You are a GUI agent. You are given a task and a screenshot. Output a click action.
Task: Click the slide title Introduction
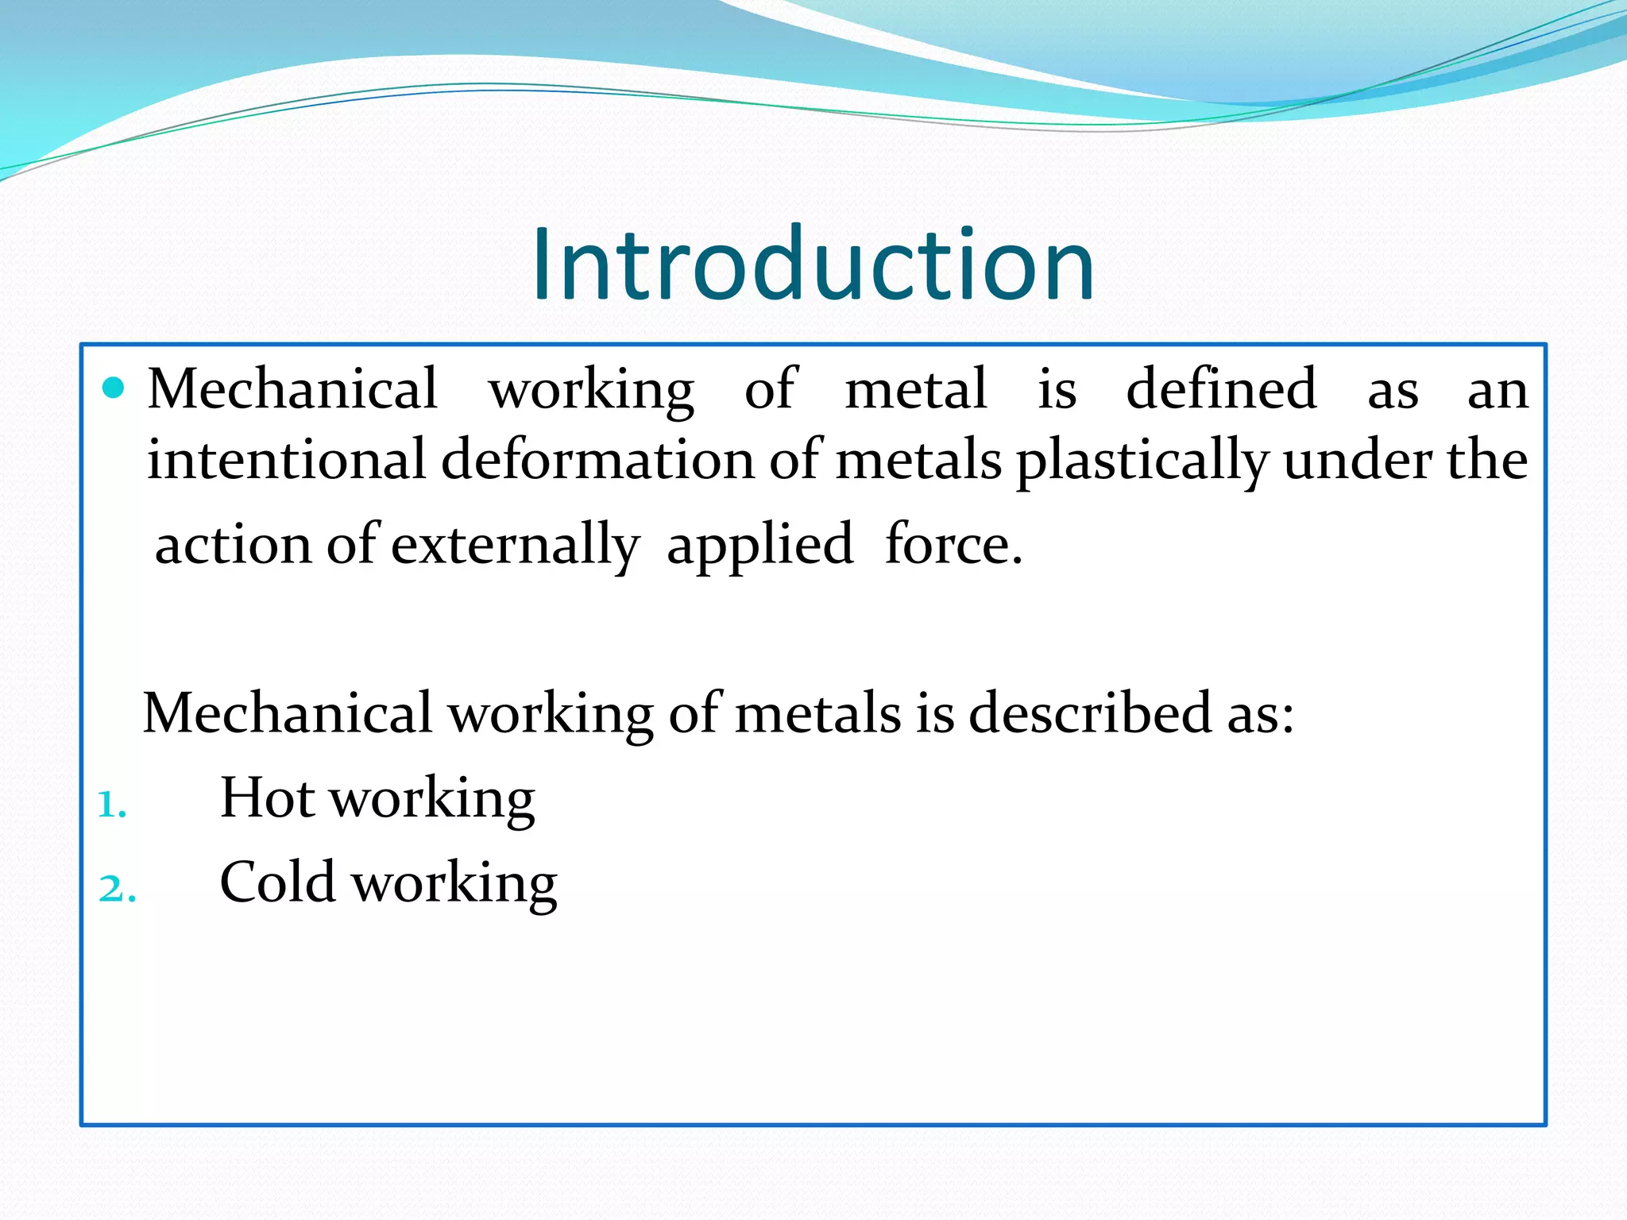(813, 264)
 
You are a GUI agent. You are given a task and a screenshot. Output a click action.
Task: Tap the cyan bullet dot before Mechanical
(114, 388)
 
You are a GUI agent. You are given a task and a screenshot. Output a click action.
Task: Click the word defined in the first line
(1222, 389)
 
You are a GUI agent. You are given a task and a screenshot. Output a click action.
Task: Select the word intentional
(287, 460)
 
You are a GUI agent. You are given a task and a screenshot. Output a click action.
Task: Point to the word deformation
(597, 460)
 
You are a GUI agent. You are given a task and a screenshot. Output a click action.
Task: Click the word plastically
(1142, 461)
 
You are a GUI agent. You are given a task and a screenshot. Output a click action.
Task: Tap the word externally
(515, 546)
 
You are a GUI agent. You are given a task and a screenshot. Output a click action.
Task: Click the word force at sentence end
(953, 545)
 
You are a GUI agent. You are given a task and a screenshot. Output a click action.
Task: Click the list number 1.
(111, 805)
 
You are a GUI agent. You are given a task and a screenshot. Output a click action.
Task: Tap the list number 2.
(117, 889)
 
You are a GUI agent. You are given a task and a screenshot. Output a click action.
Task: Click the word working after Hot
(432, 800)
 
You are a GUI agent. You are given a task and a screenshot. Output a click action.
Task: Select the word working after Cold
(454, 884)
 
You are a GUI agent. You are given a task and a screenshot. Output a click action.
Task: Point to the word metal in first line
(915, 389)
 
